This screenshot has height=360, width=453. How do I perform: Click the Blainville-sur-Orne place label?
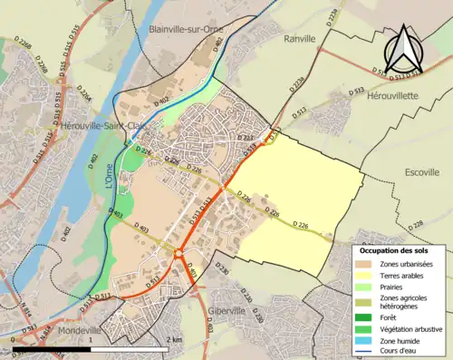point(187,29)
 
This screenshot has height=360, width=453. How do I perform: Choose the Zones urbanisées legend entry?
point(407,264)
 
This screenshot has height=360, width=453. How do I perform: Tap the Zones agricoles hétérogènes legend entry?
point(404,303)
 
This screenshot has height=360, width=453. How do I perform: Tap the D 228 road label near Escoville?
point(416,225)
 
